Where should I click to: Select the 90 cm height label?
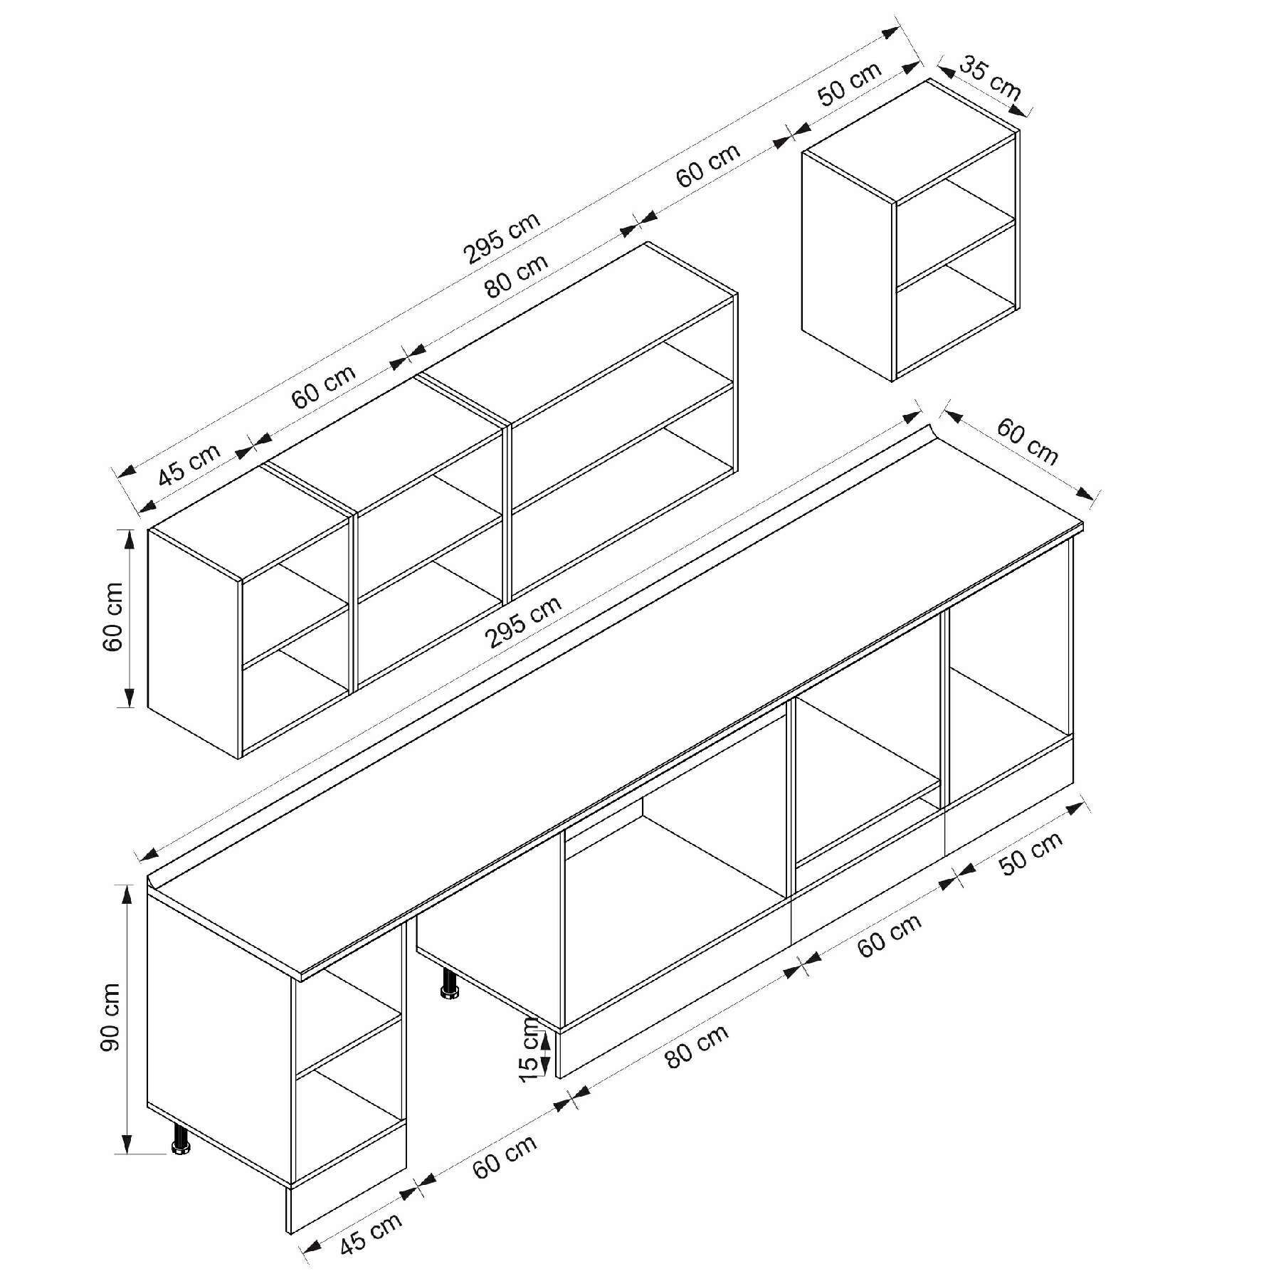tap(111, 1017)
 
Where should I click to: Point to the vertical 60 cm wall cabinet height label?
tap(113, 616)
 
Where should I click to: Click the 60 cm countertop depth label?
tap(1027, 441)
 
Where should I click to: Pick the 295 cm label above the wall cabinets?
tap(502, 238)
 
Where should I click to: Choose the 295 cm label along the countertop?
tap(523, 621)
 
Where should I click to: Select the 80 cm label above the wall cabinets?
tap(517, 275)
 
